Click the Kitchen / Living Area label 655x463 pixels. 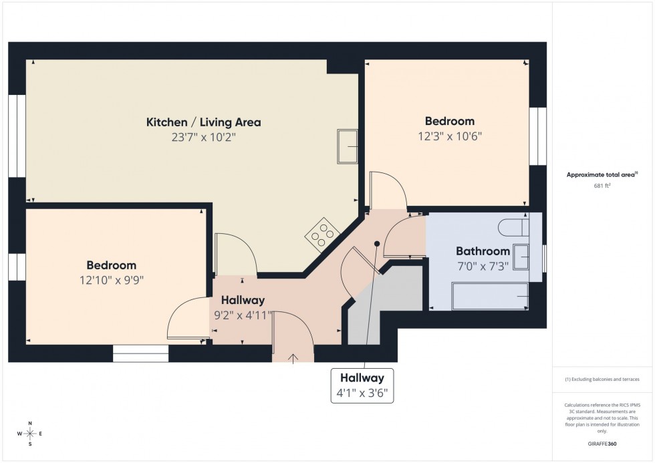point(203,122)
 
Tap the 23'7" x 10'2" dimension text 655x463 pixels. point(203,138)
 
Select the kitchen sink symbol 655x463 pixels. point(348,146)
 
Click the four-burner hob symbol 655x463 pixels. point(321,233)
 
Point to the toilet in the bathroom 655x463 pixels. point(513,227)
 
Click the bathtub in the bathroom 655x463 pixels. point(491,296)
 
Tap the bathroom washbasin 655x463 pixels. point(522,255)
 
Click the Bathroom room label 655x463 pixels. point(483,251)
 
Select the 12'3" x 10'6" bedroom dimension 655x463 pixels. point(450,136)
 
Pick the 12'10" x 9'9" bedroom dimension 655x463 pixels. point(111,281)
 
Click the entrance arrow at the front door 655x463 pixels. point(293,358)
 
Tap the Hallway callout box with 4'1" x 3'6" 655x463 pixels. point(362,385)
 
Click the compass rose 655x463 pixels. point(30,434)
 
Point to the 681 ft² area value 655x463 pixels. point(603,186)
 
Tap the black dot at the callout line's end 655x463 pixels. point(377,244)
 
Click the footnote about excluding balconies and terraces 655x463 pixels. point(602,379)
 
